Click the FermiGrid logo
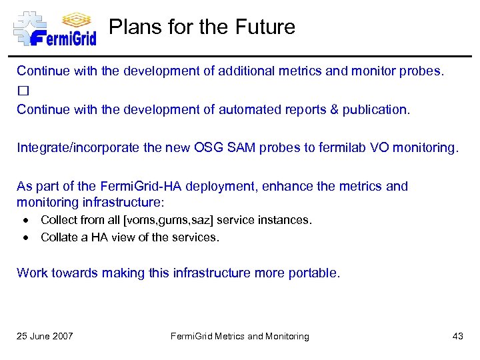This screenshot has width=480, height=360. (55, 28)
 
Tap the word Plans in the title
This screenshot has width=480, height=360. (129, 27)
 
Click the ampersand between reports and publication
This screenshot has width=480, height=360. (333, 109)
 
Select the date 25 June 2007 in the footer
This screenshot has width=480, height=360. (45, 336)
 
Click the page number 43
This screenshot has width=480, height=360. (457, 336)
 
